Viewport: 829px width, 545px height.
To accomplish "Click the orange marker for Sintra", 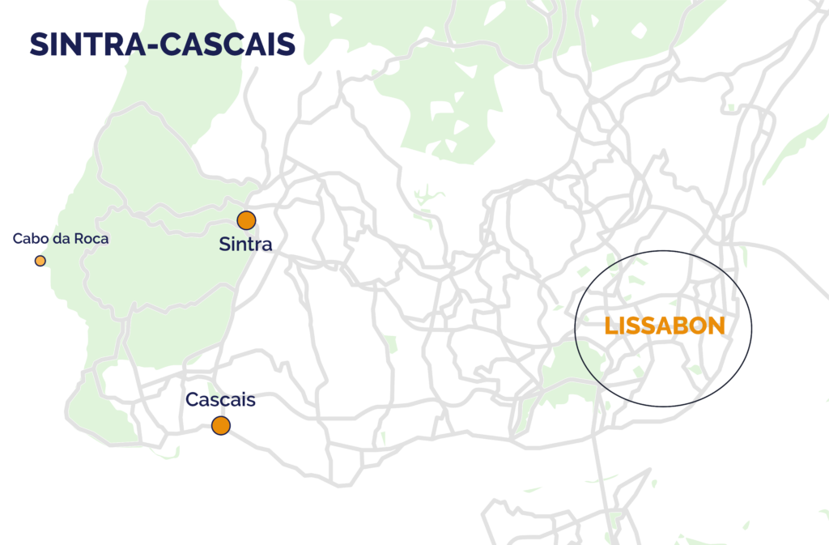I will click(246, 220).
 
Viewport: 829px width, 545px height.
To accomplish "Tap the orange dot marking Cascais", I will click(220, 425).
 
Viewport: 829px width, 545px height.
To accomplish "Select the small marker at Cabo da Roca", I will click(40, 261).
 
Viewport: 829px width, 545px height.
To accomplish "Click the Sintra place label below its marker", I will click(245, 244).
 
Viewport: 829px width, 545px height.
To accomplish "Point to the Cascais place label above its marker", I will click(220, 400).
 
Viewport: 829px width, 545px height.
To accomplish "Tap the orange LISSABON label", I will click(665, 326).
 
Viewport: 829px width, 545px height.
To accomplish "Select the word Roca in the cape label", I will click(91, 239).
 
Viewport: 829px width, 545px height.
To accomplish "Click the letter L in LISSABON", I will click(611, 326).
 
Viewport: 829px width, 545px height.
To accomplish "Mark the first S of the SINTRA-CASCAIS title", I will click(38, 45).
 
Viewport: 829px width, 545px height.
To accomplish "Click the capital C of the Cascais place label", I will click(192, 400).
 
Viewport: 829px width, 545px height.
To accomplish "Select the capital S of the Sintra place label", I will click(224, 244).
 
